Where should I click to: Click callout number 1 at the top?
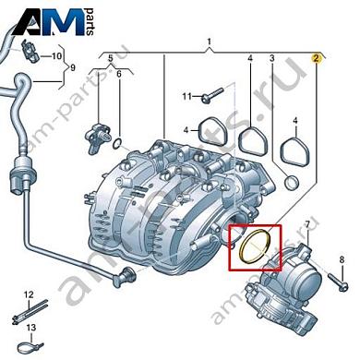pyautogui.click(x=209, y=42)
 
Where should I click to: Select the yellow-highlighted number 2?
pyautogui.click(x=317, y=58)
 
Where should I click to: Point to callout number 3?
pyautogui.click(x=272, y=59)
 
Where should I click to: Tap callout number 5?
pyautogui.click(x=110, y=59)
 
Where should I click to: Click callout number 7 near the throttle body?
pyautogui.click(x=308, y=225)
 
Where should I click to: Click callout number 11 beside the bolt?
pyautogui.click(x=186, y=96)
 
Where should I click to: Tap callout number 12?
pyautogui.click(x=28, y=294)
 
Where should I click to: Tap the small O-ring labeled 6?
pyautogui.click(x=115, y=142)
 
